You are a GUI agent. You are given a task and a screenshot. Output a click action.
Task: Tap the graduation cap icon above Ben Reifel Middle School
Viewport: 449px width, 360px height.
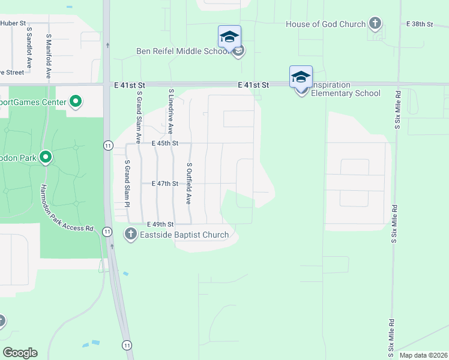[x=229, y=37]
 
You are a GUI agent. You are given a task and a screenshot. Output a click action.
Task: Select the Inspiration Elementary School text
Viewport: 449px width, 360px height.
[x=345, y=93]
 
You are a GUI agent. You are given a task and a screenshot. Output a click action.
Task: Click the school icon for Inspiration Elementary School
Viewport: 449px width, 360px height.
[x=301, y=77]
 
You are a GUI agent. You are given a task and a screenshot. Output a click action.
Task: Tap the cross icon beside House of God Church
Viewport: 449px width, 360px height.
[x=375, y=24]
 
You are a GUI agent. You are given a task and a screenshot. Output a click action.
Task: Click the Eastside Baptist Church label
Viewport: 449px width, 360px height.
[x=184, y=235]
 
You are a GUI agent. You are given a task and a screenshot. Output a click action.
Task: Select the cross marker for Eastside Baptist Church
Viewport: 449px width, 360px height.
[x=131, y=234]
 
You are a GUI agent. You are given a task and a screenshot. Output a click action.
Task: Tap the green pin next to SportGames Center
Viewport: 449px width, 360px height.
[x=76, y=101]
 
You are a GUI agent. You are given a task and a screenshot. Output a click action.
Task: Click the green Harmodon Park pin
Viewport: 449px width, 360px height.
[x=46, y=158]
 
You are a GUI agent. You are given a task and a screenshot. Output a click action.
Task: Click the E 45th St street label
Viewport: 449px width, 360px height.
[x=165, y=143]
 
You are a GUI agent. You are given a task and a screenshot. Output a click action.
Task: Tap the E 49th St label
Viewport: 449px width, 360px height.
[x=161, y=224]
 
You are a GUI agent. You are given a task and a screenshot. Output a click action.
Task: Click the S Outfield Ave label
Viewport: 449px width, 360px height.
[x=188, y=183]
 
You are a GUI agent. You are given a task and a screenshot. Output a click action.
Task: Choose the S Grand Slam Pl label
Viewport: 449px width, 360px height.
[x=127, y=184]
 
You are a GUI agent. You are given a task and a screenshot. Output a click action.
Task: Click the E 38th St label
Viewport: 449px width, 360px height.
[x=420, y=24]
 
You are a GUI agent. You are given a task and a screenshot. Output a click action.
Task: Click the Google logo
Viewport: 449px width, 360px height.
[x=20, y=353]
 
